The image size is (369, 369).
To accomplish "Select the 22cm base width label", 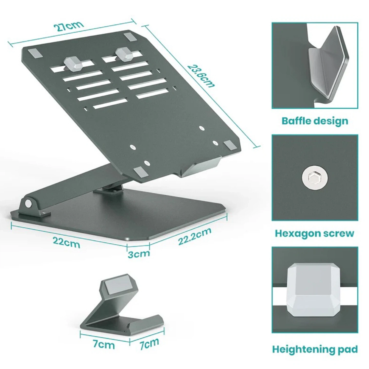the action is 66,242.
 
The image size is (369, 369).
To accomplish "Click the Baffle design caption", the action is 315,121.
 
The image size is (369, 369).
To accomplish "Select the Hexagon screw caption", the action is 314,233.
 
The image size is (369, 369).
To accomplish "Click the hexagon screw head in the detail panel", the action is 315,178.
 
